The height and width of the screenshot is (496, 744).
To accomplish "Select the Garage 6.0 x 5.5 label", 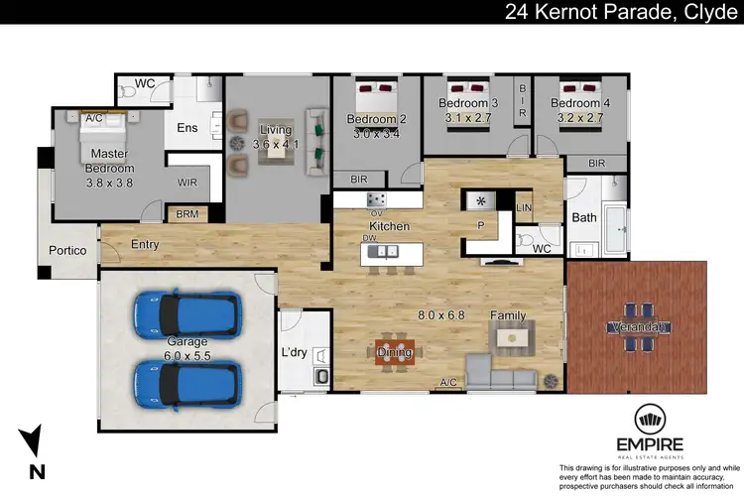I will tap(186, 347).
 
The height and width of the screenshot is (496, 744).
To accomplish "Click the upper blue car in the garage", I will tap(186, 313).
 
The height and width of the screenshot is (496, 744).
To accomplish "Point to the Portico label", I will tap(68, 251).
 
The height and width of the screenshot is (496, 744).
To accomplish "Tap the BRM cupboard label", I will tap(187, 213).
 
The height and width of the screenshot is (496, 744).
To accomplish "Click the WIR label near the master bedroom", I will tap(187, 183).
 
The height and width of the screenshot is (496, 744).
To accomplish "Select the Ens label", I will tap(187, 128).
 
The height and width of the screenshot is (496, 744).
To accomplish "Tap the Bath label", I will tap(583, 218).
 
